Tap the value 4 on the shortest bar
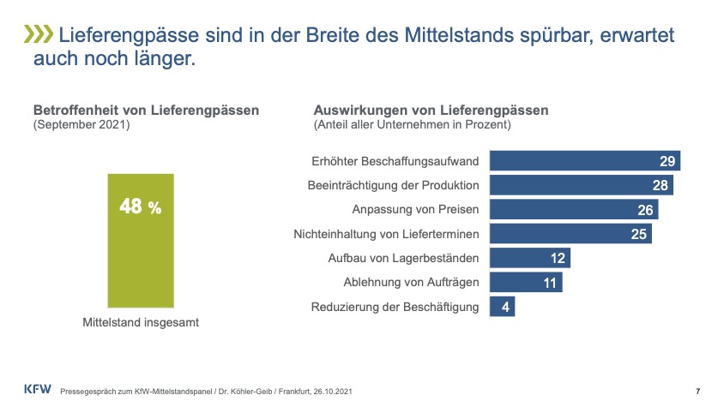pos(507,307)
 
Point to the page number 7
pos(697,391)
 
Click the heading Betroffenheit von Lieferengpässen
pos(146,111)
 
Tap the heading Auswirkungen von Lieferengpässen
pos(431,111)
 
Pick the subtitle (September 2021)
pos(81,125)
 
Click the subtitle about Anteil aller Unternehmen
pos(413,125)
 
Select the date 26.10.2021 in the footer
pos(331,391)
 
